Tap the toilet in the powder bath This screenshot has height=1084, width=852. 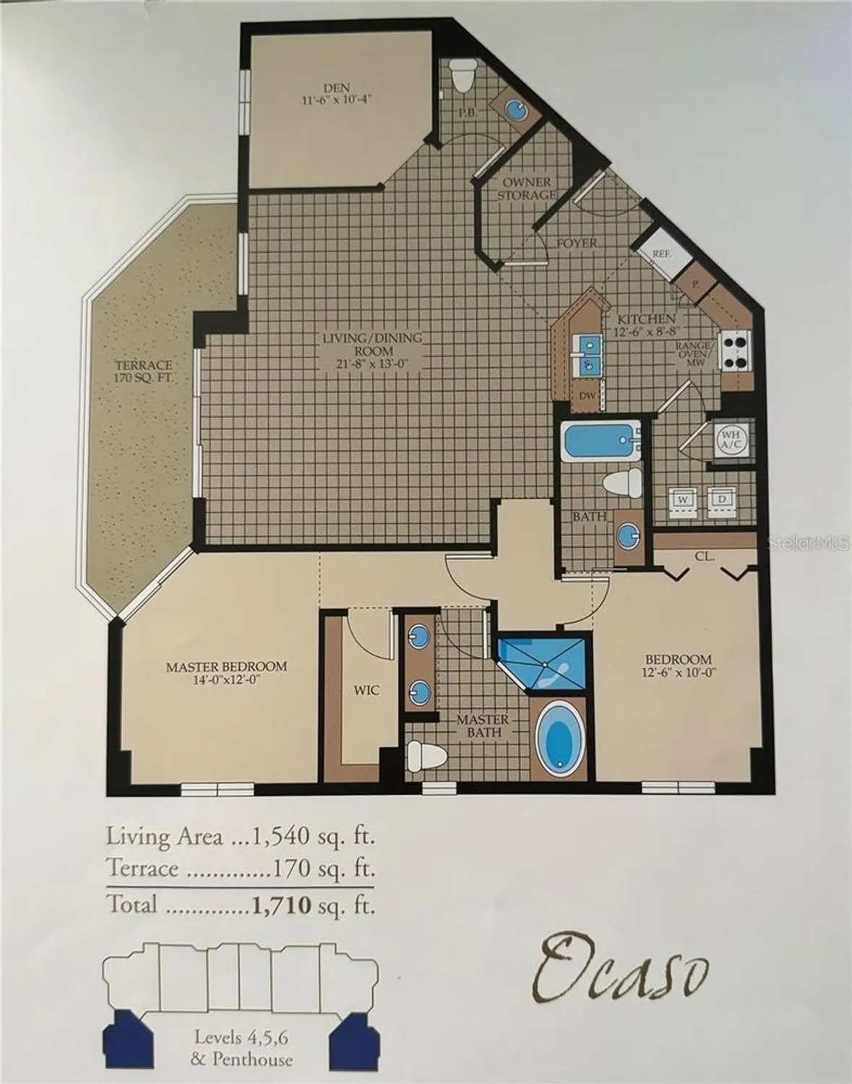[x=462, y=75]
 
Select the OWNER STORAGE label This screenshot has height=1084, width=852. [x=527, y=189]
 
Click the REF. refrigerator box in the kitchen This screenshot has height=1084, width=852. [x=661, y=253]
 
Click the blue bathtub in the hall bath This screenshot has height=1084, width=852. [x=601, y=441]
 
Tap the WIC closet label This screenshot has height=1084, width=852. [x=366, y=691]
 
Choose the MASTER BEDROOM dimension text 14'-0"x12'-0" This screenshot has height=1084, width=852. [x=226, y=680]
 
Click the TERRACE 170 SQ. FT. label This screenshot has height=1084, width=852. [x=144, y=371]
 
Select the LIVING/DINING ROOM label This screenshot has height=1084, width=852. [x=371, y=350]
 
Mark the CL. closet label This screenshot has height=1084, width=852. [x=705, y=556]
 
